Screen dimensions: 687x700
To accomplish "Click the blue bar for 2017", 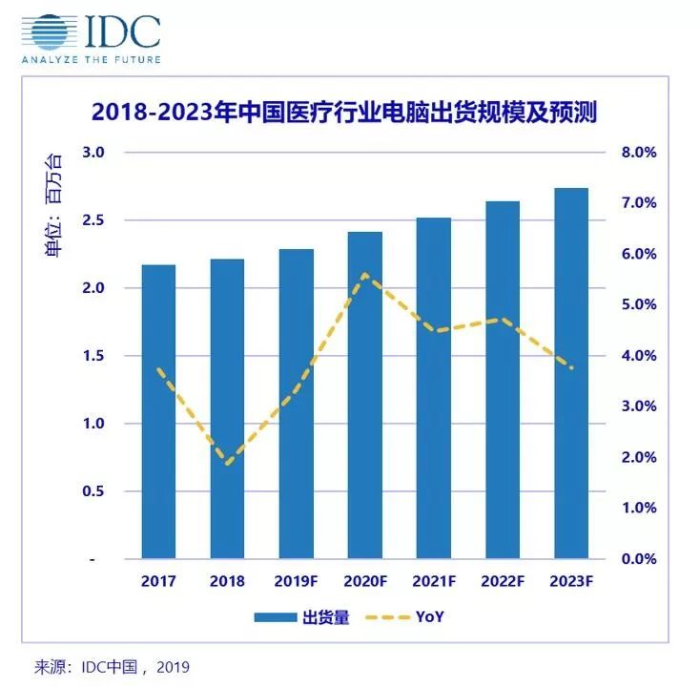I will click(x=158, y=410).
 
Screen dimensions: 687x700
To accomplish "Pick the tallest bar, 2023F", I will click(x=570, y=372).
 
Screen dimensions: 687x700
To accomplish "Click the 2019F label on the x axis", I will click(x=296, y=581).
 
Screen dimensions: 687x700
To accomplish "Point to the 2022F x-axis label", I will click(x=502, y=581).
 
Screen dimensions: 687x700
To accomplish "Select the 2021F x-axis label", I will click(x=433, y=581).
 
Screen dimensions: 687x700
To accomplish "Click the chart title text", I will click(x=343, y=113).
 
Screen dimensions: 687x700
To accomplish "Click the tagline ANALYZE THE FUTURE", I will click(x=92, y=59).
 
